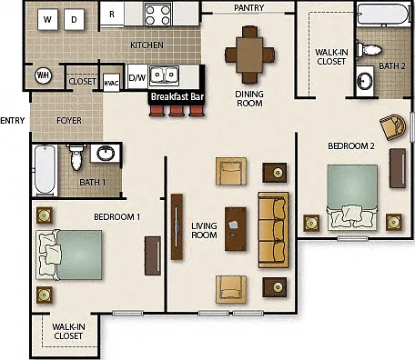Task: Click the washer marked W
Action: pos(47,19)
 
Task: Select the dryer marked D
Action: pos(74,19)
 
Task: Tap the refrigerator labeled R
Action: pos(112,15)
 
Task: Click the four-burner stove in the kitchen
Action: pos(157,15)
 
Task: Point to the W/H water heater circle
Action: pos(44,75)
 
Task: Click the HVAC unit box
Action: pos(111,83)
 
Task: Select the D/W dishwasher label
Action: pos(137,77)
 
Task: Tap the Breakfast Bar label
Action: pos(177,96)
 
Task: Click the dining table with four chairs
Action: pos(249,55)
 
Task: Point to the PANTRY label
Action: pos(249,7)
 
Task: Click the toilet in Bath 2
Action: pos(369,49)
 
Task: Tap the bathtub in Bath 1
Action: pos(45,170)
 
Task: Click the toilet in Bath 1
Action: pos(76,157)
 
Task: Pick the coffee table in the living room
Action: pos(236,229)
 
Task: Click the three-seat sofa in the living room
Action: pos(273,230)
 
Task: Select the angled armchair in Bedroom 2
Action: pos(393,127)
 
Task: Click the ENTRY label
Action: pos(13,121)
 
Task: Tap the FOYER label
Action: pos(69,121)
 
